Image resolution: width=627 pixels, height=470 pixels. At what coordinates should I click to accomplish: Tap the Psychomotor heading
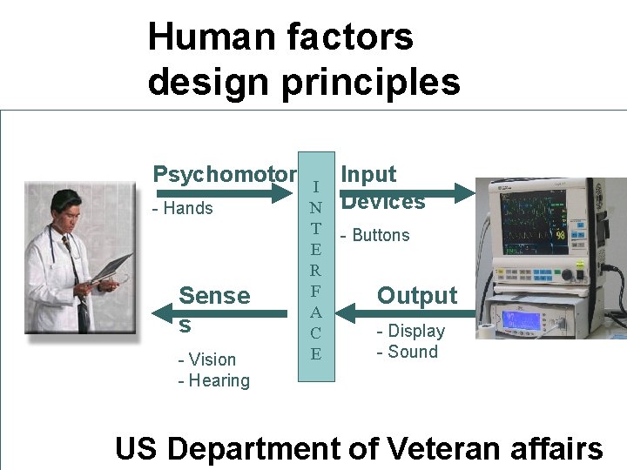pos(225,174)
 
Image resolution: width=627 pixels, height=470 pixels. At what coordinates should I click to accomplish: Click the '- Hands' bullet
pos(183,208)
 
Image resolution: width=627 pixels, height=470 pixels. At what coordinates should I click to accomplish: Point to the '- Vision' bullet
pos(207,359)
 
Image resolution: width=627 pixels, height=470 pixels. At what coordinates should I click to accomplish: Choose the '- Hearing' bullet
pos(213,380)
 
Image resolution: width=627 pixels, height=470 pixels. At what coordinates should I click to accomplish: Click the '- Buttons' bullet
pos(374,235)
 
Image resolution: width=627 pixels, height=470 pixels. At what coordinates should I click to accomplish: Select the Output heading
pos(416,296)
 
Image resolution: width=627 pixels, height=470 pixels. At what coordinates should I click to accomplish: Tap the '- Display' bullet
pos(410,331)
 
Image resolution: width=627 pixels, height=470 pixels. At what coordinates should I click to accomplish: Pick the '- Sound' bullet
pos(407,352)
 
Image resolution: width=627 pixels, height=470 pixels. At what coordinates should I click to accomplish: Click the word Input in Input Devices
pos(368,174)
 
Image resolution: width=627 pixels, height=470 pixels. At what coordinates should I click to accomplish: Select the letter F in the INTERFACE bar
pos(315,291)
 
